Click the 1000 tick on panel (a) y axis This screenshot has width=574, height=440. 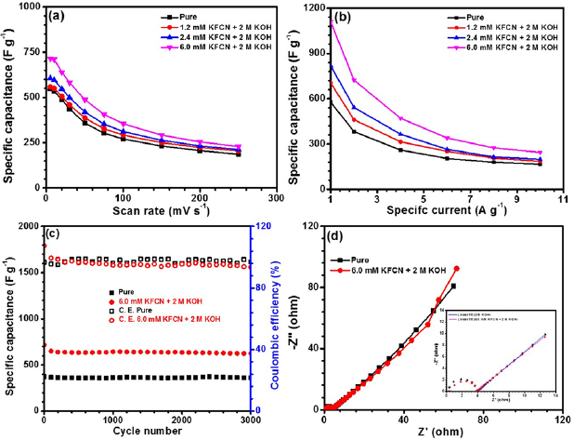point(28,7)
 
